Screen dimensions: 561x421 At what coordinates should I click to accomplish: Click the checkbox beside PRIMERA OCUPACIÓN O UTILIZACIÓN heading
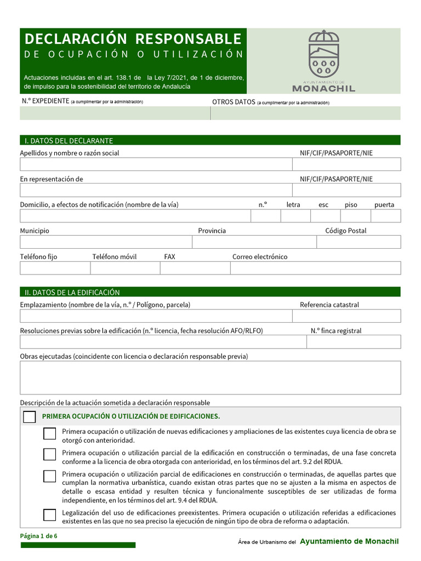click(x=30, y=417)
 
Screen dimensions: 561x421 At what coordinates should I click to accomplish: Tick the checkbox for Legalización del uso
click(x=50, y=515)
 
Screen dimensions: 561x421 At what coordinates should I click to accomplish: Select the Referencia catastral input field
click(x=346, y=316)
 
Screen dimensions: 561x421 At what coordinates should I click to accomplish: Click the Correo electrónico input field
click(x=315, y=268)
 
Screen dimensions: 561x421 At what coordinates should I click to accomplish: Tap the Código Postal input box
click(x=359, y=242)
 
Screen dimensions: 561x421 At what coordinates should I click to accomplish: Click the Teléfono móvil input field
click(x=125, y=268)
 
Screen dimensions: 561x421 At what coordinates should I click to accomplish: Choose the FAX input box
click(x=195, y=268)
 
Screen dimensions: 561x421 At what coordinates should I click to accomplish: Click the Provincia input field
click(x=254, y=242)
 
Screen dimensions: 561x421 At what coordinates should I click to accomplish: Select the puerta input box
click(x=385, y=216)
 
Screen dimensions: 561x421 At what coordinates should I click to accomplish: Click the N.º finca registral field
click(x=353, y=342)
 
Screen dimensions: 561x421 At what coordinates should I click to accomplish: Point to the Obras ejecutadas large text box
click(x=210, y=377)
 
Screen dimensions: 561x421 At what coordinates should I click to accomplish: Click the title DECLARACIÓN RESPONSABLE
click(x=133, y=39)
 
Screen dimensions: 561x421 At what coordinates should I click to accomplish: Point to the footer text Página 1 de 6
click(x=39, y=536)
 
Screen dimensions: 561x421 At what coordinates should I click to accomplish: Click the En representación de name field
click(x=156, y=190)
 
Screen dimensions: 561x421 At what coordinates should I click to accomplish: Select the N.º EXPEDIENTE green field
click(x=115, y=113)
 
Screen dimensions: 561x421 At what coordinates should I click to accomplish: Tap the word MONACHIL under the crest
click(x=323, y=88)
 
